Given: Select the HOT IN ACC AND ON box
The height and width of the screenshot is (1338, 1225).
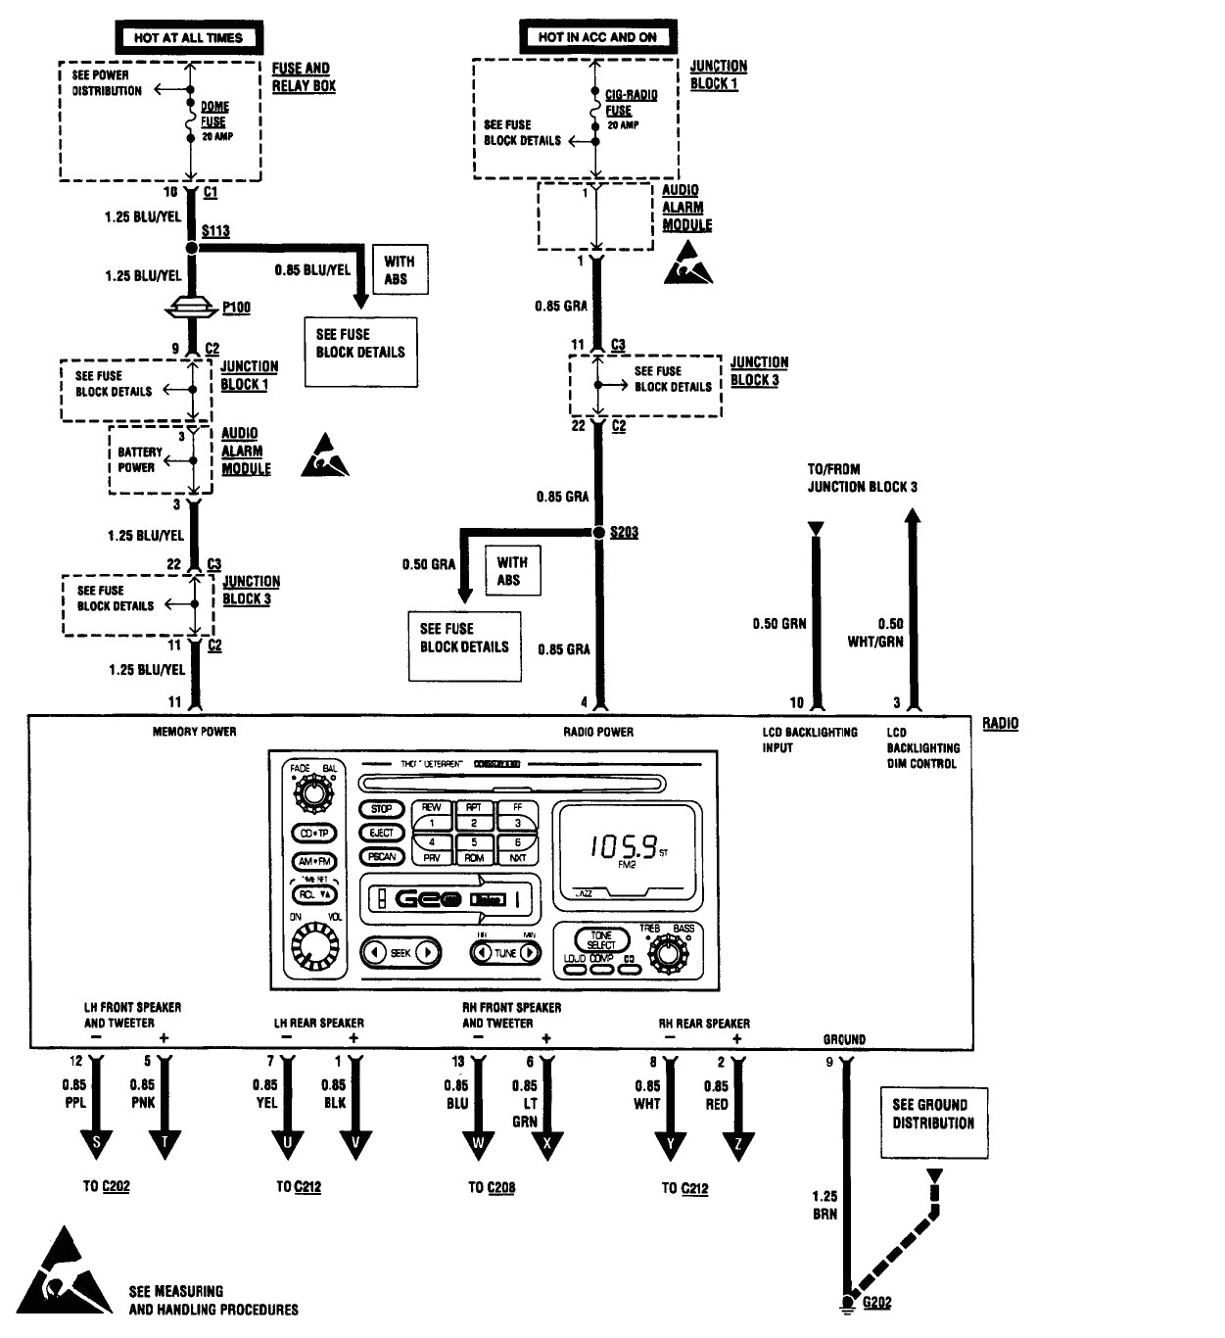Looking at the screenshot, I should pyautogui.click(x=597, y=37).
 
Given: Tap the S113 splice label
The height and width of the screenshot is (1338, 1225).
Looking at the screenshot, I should pyautogui.click(x=215, y=231).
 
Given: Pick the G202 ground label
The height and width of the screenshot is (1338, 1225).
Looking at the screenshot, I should pyautogui.click(x=876, y=1302).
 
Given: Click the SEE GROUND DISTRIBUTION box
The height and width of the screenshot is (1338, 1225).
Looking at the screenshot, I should pyautogui.click(x=933, y=1114).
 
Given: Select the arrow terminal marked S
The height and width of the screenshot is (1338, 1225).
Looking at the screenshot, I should pyautogui.click(x=96, y=1143).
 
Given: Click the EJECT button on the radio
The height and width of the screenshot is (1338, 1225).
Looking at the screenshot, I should pyautogui.click(x=381, y=833).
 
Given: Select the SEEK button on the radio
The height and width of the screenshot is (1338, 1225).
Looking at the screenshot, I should pyautogui.click(x=400, y=952).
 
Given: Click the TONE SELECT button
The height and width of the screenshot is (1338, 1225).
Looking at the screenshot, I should pyautogui.click(x=601, y=940).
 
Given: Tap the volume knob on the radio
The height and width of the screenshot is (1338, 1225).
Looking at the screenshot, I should pyautogui.click(x=313, y=945).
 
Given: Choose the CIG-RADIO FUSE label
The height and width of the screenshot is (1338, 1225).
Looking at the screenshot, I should pyautogui.click(x=631, y=103).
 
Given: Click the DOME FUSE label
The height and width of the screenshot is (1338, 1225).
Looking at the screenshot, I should pyautogui.click(x=214, y=115).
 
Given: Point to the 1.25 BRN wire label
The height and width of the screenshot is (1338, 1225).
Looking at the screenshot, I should pyautogui.click(x=825, y=1204).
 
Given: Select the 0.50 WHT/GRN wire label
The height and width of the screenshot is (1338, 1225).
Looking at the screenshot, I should pyautogui.click(x=876, y=633).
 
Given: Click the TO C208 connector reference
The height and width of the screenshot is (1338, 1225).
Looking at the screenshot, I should pyautogui.click(x=491, y=1187).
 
